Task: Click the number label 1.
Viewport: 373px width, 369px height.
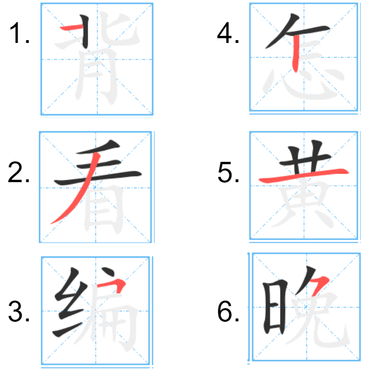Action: (19, 34)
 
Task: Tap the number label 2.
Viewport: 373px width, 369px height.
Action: (19, 172)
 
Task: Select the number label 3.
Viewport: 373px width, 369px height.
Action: (19, 311)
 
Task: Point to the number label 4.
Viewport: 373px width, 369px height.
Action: (228, 34)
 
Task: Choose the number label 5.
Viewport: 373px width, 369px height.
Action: (228, 172)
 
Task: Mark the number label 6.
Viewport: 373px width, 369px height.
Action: (228, 311)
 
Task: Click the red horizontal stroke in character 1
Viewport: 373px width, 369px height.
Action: (71, 27)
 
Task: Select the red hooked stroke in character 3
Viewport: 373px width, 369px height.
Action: (115, 284)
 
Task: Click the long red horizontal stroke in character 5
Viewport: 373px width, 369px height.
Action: (304, 176)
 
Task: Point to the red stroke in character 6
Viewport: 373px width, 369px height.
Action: (320, 285)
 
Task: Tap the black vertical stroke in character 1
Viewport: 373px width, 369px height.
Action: (85, 31)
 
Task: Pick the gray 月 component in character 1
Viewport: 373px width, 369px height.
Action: (96, 76)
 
